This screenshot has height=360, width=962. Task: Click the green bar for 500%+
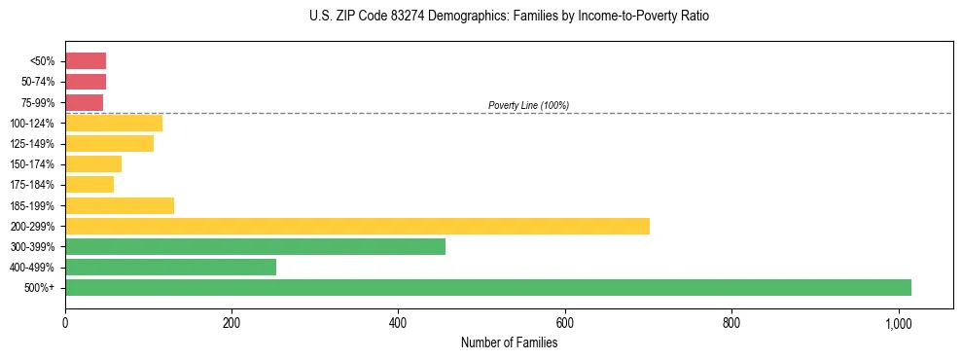(x=487, y=287)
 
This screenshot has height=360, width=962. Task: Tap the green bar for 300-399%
(x=255, y=246)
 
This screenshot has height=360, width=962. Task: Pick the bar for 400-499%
(x=170, y=267)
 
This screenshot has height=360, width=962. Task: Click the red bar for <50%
(x=86, y=60)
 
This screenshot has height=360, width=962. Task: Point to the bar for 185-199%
(x=120, y=205)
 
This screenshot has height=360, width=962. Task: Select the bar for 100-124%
(x=114, y=123)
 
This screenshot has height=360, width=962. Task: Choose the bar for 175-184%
(x=89, y=184)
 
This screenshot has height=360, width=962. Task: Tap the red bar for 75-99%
(x=84, y=102)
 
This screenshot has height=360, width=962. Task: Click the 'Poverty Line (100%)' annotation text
(x=528, y=105)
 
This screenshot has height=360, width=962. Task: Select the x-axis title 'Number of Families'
(x=509, y=342)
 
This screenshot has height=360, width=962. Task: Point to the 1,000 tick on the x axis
(x=898, y=322)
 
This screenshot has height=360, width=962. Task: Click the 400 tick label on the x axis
(x=398, y=322)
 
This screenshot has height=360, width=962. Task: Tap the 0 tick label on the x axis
(x=65, y=322)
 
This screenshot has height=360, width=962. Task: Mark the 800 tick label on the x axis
(x=731, y=322)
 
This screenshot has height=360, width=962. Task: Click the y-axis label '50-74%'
(x=39, y=82)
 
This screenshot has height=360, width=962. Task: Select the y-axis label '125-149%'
(x=34, y=144)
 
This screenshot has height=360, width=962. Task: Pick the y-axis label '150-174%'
(x=34, y=164)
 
